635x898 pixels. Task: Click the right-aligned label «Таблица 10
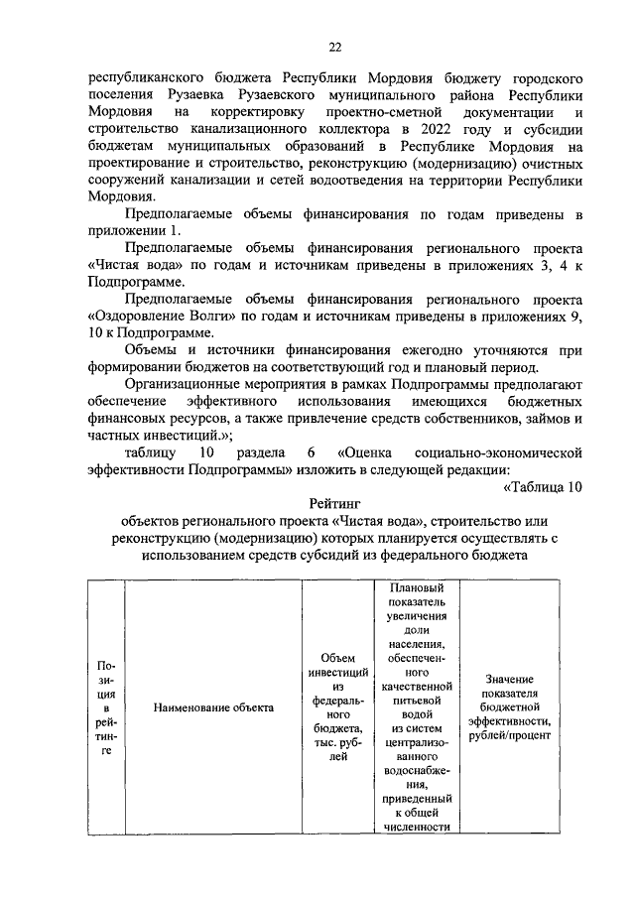(x=537, y=486)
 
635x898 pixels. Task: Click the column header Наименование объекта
(x=201, y=707)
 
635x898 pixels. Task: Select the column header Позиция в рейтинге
(x=106, y=707)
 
